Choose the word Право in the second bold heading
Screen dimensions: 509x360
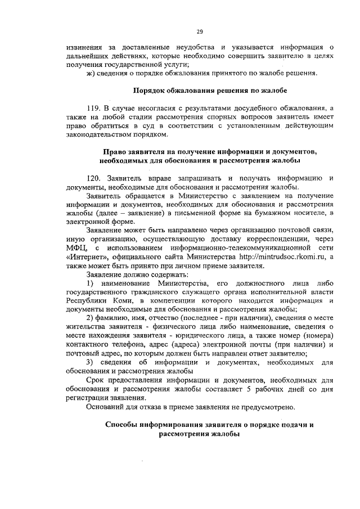point(116,152)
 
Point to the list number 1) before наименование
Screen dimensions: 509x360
point(90,284)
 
